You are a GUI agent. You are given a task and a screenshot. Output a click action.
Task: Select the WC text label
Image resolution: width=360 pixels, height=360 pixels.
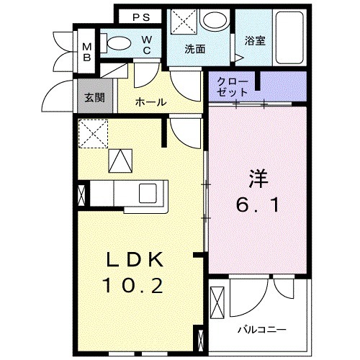[147, 44]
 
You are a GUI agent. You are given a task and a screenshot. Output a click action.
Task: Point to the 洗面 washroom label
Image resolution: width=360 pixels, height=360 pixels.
[194, 49]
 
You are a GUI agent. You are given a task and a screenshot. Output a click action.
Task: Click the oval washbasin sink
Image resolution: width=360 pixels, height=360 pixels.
[214, 21]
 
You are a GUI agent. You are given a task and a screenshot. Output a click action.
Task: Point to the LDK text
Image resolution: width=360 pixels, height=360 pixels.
[137, 260]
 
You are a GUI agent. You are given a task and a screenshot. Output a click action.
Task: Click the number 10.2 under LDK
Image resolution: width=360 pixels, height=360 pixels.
[137, 287]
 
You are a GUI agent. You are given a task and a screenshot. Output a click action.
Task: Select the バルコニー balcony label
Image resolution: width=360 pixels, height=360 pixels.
[263, 330]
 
